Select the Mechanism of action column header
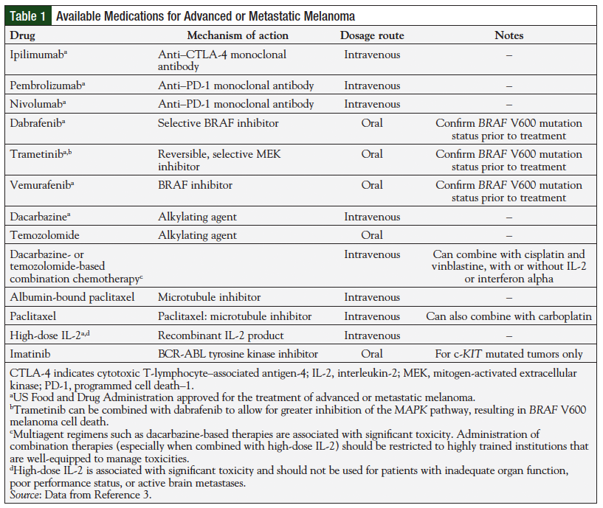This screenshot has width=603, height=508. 238,35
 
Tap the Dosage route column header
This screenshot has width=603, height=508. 372,35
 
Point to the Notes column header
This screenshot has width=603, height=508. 509,35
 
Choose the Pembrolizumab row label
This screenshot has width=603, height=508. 46,86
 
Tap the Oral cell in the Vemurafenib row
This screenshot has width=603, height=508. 372,185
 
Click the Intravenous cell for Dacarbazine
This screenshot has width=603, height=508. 372,217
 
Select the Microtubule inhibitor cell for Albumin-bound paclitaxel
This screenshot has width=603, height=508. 208,297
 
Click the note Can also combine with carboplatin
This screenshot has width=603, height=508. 509,316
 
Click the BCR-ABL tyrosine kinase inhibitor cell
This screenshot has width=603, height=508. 238,354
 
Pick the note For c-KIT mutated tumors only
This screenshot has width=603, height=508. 509,354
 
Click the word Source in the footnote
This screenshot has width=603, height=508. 25,495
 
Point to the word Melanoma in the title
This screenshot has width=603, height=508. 326,15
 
